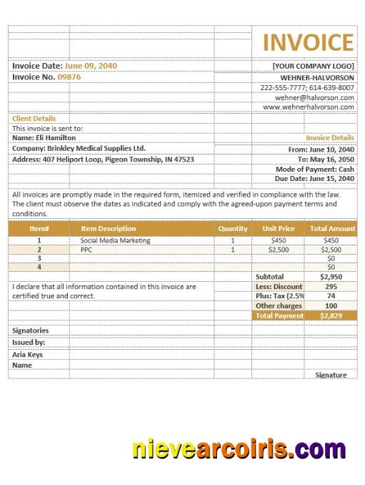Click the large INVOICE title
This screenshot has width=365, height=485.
pos(308,43)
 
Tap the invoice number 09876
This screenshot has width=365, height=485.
pos(69,77)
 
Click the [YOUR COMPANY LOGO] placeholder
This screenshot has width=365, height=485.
pos(313,66)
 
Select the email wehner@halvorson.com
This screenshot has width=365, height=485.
pos(314,97)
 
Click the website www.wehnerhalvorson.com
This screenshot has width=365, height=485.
pos(309,107)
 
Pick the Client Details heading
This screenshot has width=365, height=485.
pos(34,119)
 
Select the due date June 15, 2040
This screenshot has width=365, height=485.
pos(330,179)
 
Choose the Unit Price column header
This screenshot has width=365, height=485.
pos(278,229)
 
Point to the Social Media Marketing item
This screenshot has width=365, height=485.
pos(115,241)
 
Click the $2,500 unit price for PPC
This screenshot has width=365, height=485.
pos(278,250)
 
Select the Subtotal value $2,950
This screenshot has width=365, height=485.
pos(331,276)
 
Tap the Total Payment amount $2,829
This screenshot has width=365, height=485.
pos(331,315)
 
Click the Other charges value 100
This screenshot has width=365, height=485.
pos(331,305)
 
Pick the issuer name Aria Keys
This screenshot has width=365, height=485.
pos(28,354)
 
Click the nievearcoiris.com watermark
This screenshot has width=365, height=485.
pos(239,450)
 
